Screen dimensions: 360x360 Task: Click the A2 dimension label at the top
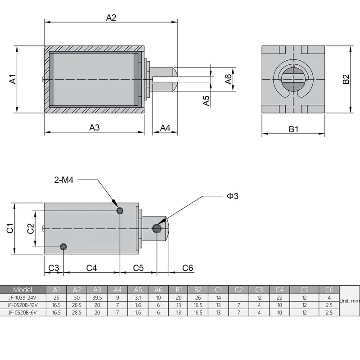pyautogui.click(x=111, y=18)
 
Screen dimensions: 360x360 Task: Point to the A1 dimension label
pyautogui.click(x=13, y=79)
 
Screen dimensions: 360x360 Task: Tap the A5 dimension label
pyautogui.click(x=207, y=100)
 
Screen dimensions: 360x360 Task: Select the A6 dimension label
pyautogui.click(x=229, y=79)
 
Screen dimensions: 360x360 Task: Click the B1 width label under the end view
pyautogui.click(x=293, y=129)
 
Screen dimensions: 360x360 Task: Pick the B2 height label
pyautogui.click(x=346, y=79)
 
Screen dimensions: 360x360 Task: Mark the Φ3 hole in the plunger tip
pyautogui.click(x=157, y=229)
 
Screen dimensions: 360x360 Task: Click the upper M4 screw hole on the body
pyautogui.click(x=120, y=211)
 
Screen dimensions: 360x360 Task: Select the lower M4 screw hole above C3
pyautogui.click(x=63, y=246)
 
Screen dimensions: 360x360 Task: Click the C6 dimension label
pyautogui.click(x=188, y=268)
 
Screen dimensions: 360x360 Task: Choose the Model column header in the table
pyautogui.click(x=23, y=289)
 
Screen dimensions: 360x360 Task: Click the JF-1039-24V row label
pyautogui.click(x=23, y=297)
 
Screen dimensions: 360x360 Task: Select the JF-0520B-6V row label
pyautogui.click(x=23, y=312)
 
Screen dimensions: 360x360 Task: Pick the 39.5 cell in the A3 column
pyautogui.click(x=97, y=297)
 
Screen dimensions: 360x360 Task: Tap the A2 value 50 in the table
pyautogui.click(x=77, y=297)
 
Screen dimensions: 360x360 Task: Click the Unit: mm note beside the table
pyautogui.click(x=349, y=301)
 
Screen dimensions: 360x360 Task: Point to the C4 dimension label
pyautogui.click(x=92, y=268)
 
